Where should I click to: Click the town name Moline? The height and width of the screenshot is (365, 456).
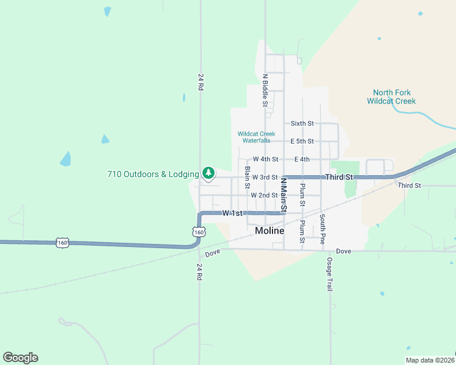click(x=269, y=231)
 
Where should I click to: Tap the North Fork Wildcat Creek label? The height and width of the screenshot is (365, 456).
click(x=391, y=97)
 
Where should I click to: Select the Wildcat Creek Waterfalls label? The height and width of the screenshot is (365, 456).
click(x=256, y=137)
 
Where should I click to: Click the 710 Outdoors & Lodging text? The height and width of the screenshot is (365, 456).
click(x=152, y=174)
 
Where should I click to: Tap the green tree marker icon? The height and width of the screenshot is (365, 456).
click(x=208, y=173)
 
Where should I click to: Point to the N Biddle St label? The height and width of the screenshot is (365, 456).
click(x=265, y=90)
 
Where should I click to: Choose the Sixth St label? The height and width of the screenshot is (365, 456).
click(x=302, y=123)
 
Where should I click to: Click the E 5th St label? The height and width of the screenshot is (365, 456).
click(x=302, y=141)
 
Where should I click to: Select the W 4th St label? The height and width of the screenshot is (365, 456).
click(x=265, y=159)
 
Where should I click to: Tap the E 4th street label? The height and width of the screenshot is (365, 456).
click(x=302, y=159)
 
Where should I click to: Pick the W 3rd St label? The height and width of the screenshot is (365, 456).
click(x=265, y=177)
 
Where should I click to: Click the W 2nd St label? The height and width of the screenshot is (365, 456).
click(x=264, y=195)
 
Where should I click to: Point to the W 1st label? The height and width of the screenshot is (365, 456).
click(x=232, y=213)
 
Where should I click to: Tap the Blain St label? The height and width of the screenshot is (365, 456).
click(x=248, y=177)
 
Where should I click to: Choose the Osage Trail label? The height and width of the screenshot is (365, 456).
click(x=329, y=274)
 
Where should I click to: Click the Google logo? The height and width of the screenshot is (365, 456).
click(x=20, y=358)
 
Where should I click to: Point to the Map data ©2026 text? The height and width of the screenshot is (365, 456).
click(x=430, y=360)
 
